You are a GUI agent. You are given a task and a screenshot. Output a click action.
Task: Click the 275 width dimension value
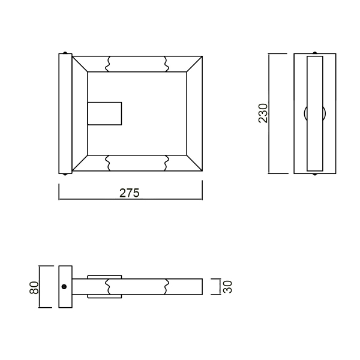point(129,193)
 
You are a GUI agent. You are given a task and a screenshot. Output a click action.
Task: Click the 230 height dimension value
point(263,113)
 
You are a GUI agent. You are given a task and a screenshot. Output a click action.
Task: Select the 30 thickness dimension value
point(227,287)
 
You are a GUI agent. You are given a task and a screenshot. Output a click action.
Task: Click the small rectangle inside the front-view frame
point(104,113)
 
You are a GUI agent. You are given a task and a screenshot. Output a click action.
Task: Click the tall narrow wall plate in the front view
point(65,113)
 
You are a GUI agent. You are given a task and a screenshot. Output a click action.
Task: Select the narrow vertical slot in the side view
point(315,113)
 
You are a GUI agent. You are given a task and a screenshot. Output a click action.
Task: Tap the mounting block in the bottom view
point(65,287)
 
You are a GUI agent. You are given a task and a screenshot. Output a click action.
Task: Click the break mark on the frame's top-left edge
point(109,64)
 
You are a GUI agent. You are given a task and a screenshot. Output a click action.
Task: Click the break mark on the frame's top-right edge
point(166,64)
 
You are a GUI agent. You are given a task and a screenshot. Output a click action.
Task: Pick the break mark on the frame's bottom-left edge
point(109,162)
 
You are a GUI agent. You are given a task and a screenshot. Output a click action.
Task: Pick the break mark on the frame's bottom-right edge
point(166,162)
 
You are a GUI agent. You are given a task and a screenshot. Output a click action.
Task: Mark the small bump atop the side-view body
point(315,52)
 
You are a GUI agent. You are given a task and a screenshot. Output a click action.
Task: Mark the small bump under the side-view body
point(315,175)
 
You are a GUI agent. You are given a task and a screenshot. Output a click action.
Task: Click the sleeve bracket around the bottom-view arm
point(105,287)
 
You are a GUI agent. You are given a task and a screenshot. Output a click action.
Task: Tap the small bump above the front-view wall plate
point(65,52)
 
